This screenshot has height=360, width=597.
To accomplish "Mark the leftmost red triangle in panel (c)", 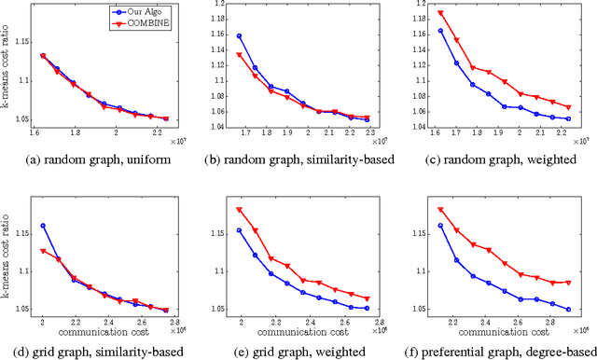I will point(440,14).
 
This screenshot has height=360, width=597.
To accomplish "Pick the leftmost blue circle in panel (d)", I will point(43,226).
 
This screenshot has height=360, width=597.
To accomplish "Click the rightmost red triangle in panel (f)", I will point(567,282).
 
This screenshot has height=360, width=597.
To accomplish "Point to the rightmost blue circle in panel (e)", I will point(368,308).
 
